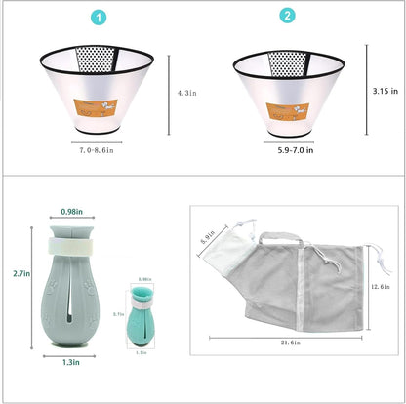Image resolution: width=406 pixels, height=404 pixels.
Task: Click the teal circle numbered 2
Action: click(286, 17)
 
